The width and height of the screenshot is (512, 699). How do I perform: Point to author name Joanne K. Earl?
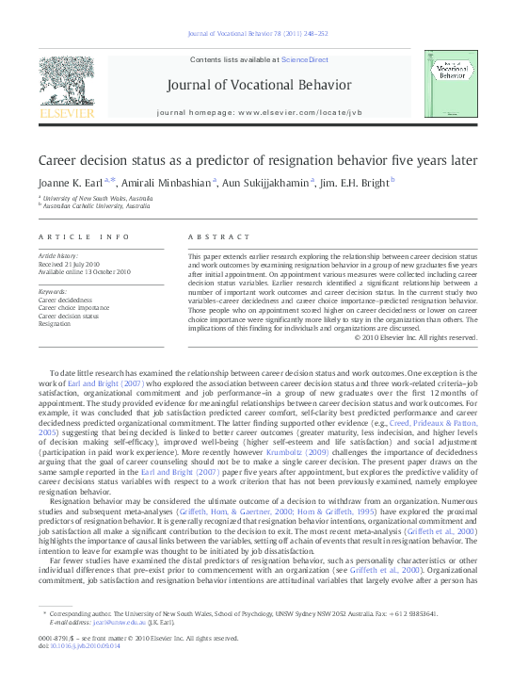pos(71,182)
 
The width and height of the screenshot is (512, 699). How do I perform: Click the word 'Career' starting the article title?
pos(59,160)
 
